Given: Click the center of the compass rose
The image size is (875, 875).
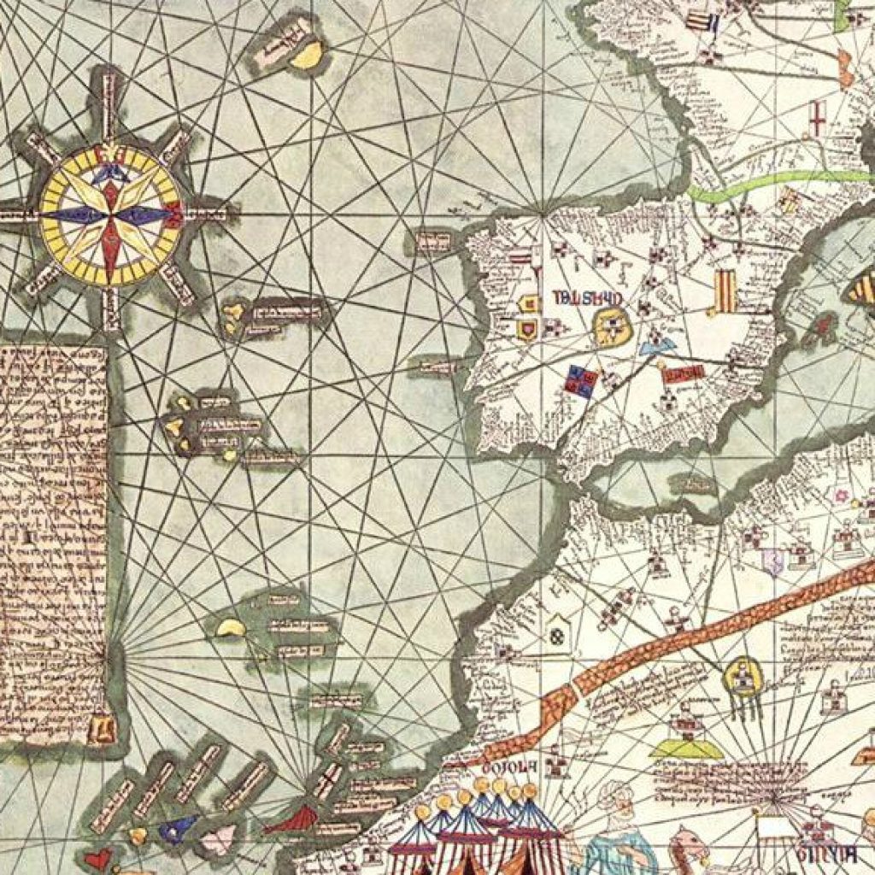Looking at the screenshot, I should point(111,214).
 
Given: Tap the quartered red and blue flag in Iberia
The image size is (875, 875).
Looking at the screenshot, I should point(581,380).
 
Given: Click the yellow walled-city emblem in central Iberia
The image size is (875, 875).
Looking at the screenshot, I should point(613,326).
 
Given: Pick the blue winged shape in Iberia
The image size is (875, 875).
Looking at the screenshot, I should point(656,346).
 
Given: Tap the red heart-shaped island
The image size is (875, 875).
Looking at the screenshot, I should point(97,858).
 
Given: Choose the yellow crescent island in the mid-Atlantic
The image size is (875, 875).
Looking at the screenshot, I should point(231,629).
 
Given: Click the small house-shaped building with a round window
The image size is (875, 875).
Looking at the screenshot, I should point(558,631).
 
